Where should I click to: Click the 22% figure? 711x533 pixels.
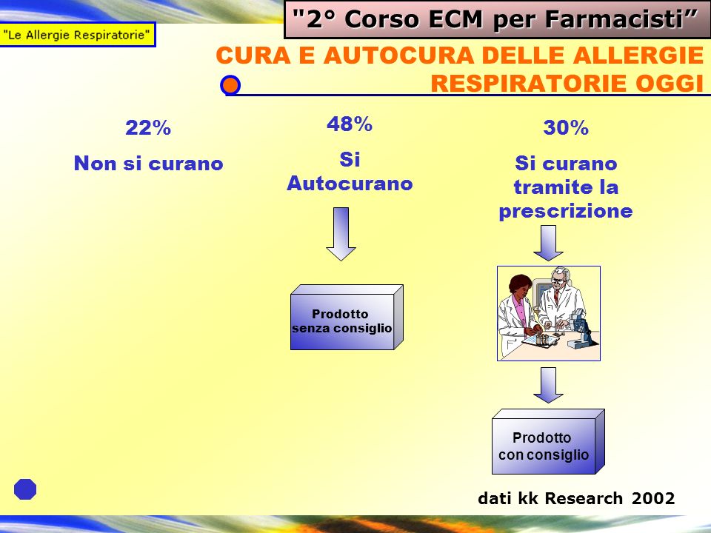click(148, 127)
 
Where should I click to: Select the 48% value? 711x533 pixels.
click(349, 124)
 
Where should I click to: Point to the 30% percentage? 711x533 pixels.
click(566, 127)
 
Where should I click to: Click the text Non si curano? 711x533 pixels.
click(148, 163)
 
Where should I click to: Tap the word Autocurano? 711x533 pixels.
click(350, 184)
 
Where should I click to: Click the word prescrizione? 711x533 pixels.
click(565, 211)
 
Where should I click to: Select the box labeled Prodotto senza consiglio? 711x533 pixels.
click(347, 318)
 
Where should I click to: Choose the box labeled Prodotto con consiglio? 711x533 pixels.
click(548, 442)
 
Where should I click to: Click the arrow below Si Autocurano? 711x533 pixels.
click(341, 234)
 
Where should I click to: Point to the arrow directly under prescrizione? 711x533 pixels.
click(548, 243)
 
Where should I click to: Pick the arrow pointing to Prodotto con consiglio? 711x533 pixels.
click(548, 385)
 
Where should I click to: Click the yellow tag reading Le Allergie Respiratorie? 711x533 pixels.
click(78, 35)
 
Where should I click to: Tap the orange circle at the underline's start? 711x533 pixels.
click(230, 85)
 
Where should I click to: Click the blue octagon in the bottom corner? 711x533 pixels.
click(25, 489)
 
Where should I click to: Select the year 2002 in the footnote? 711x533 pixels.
click(653, 498)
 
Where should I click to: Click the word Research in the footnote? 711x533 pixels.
click(584, 498)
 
